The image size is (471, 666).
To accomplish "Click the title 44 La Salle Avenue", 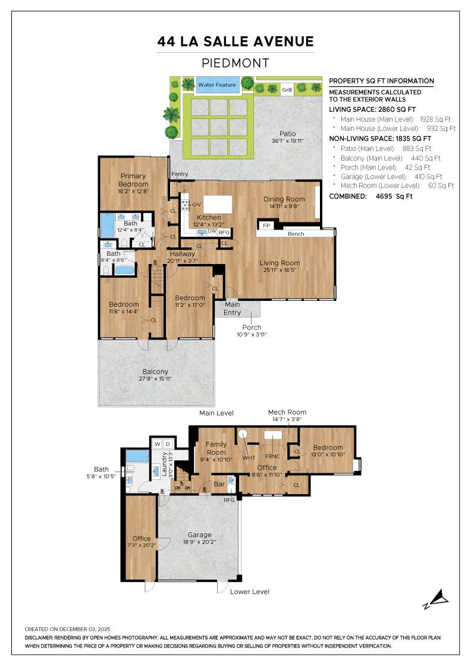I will pos(235,42).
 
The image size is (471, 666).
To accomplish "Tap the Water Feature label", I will pos(217,85).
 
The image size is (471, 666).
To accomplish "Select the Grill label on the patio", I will pos(287,90).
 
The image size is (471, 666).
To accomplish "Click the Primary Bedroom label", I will pos(134,180).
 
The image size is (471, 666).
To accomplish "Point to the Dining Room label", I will pos(284,199).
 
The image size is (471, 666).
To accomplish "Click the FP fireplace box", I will pos(266,226).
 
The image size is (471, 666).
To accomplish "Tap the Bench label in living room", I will pos(296,234).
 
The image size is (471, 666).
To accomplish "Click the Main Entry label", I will pos(232,309).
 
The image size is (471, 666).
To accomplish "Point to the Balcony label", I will pos(155,372).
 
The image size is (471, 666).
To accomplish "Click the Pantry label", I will pos(180,174).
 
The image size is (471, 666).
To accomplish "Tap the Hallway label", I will pos(181,254).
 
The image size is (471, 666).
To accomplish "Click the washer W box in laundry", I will pos(158,444).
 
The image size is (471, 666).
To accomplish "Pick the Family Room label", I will pos(216,448).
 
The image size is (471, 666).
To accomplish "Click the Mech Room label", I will pos(287,412).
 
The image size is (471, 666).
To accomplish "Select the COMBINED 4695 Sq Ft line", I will pos(370,196).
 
